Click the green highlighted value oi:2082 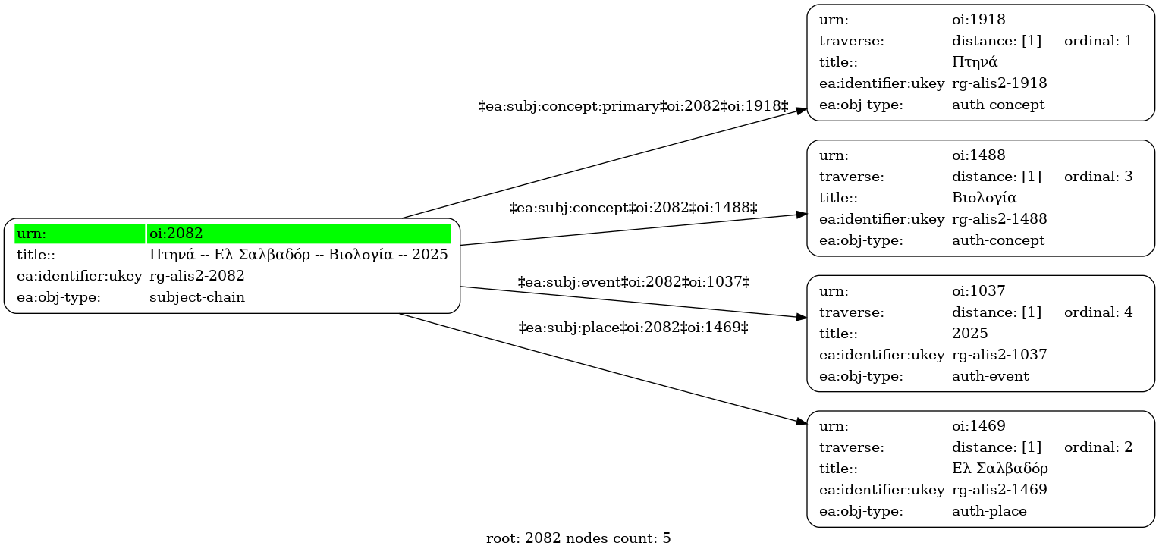tap(176, 234)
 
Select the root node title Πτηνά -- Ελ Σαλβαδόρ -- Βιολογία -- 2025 tap(299, 255)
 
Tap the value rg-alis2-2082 tap(196, 276)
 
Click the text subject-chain tap(196, 297)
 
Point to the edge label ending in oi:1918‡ tap(633, 106)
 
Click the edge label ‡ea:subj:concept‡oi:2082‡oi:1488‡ tap(633, 208)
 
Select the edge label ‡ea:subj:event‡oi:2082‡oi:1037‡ tap(634, 282)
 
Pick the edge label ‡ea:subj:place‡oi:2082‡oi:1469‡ tap(633, 328)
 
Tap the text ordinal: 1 tap(1098, 41)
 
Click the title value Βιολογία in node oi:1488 tap(984, 198)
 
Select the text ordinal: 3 tap(1098, 177)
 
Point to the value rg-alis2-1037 tap(999, 354)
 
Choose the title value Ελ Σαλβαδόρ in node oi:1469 tap(1000, 468)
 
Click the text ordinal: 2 tap(1098, 447)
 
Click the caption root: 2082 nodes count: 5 tap(579, 538)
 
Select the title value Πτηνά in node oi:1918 tap(975, 62)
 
